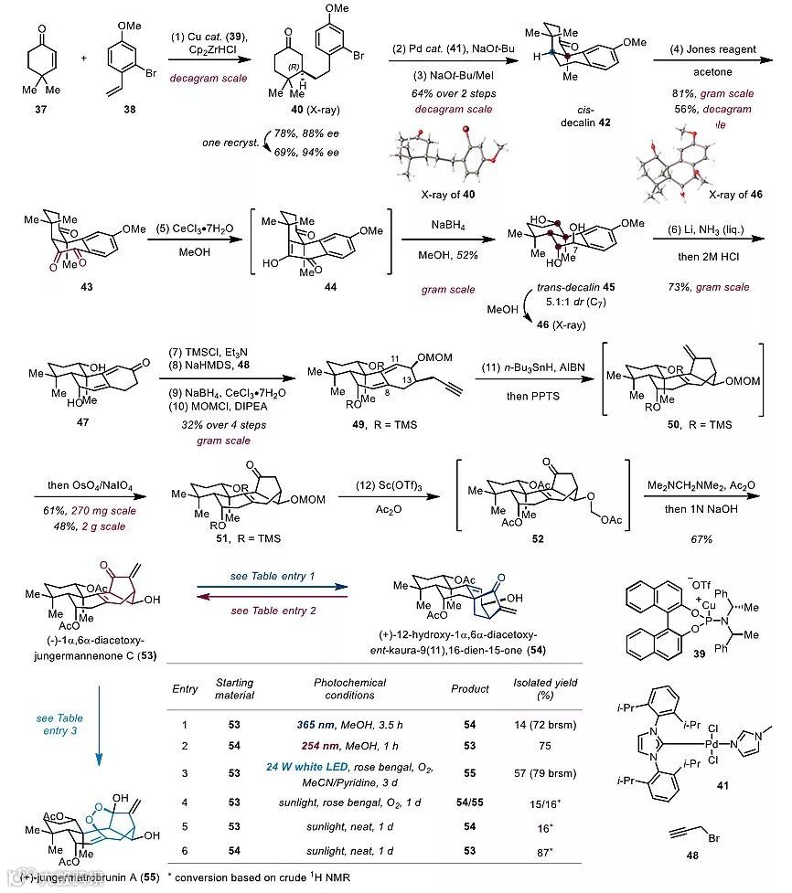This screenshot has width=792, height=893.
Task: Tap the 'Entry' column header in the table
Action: tap(187, 689)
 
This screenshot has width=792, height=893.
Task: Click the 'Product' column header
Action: tap(470, 689)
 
